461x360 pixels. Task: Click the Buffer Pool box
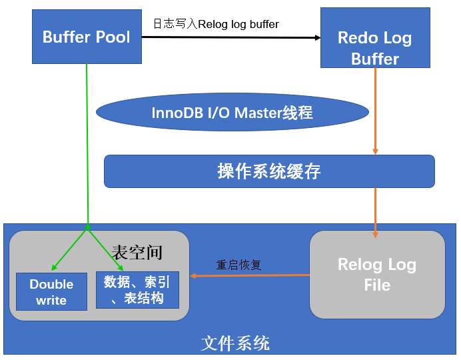pos(87,37)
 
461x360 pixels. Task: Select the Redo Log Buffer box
pos(375,39)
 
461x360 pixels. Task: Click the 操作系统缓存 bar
pos(269,171)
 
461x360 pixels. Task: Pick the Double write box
pos(51,292)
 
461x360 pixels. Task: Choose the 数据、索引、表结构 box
pos(137,290)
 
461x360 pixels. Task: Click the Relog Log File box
pos(377,274)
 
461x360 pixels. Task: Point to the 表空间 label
pos(137,252)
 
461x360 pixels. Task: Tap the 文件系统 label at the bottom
pos(235,343)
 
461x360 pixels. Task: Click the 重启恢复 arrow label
pos(238,265)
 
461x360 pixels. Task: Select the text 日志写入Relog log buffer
pos(216,24)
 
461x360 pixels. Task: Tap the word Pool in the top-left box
pos(113,37)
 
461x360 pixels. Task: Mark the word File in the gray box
pos(377,285)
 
